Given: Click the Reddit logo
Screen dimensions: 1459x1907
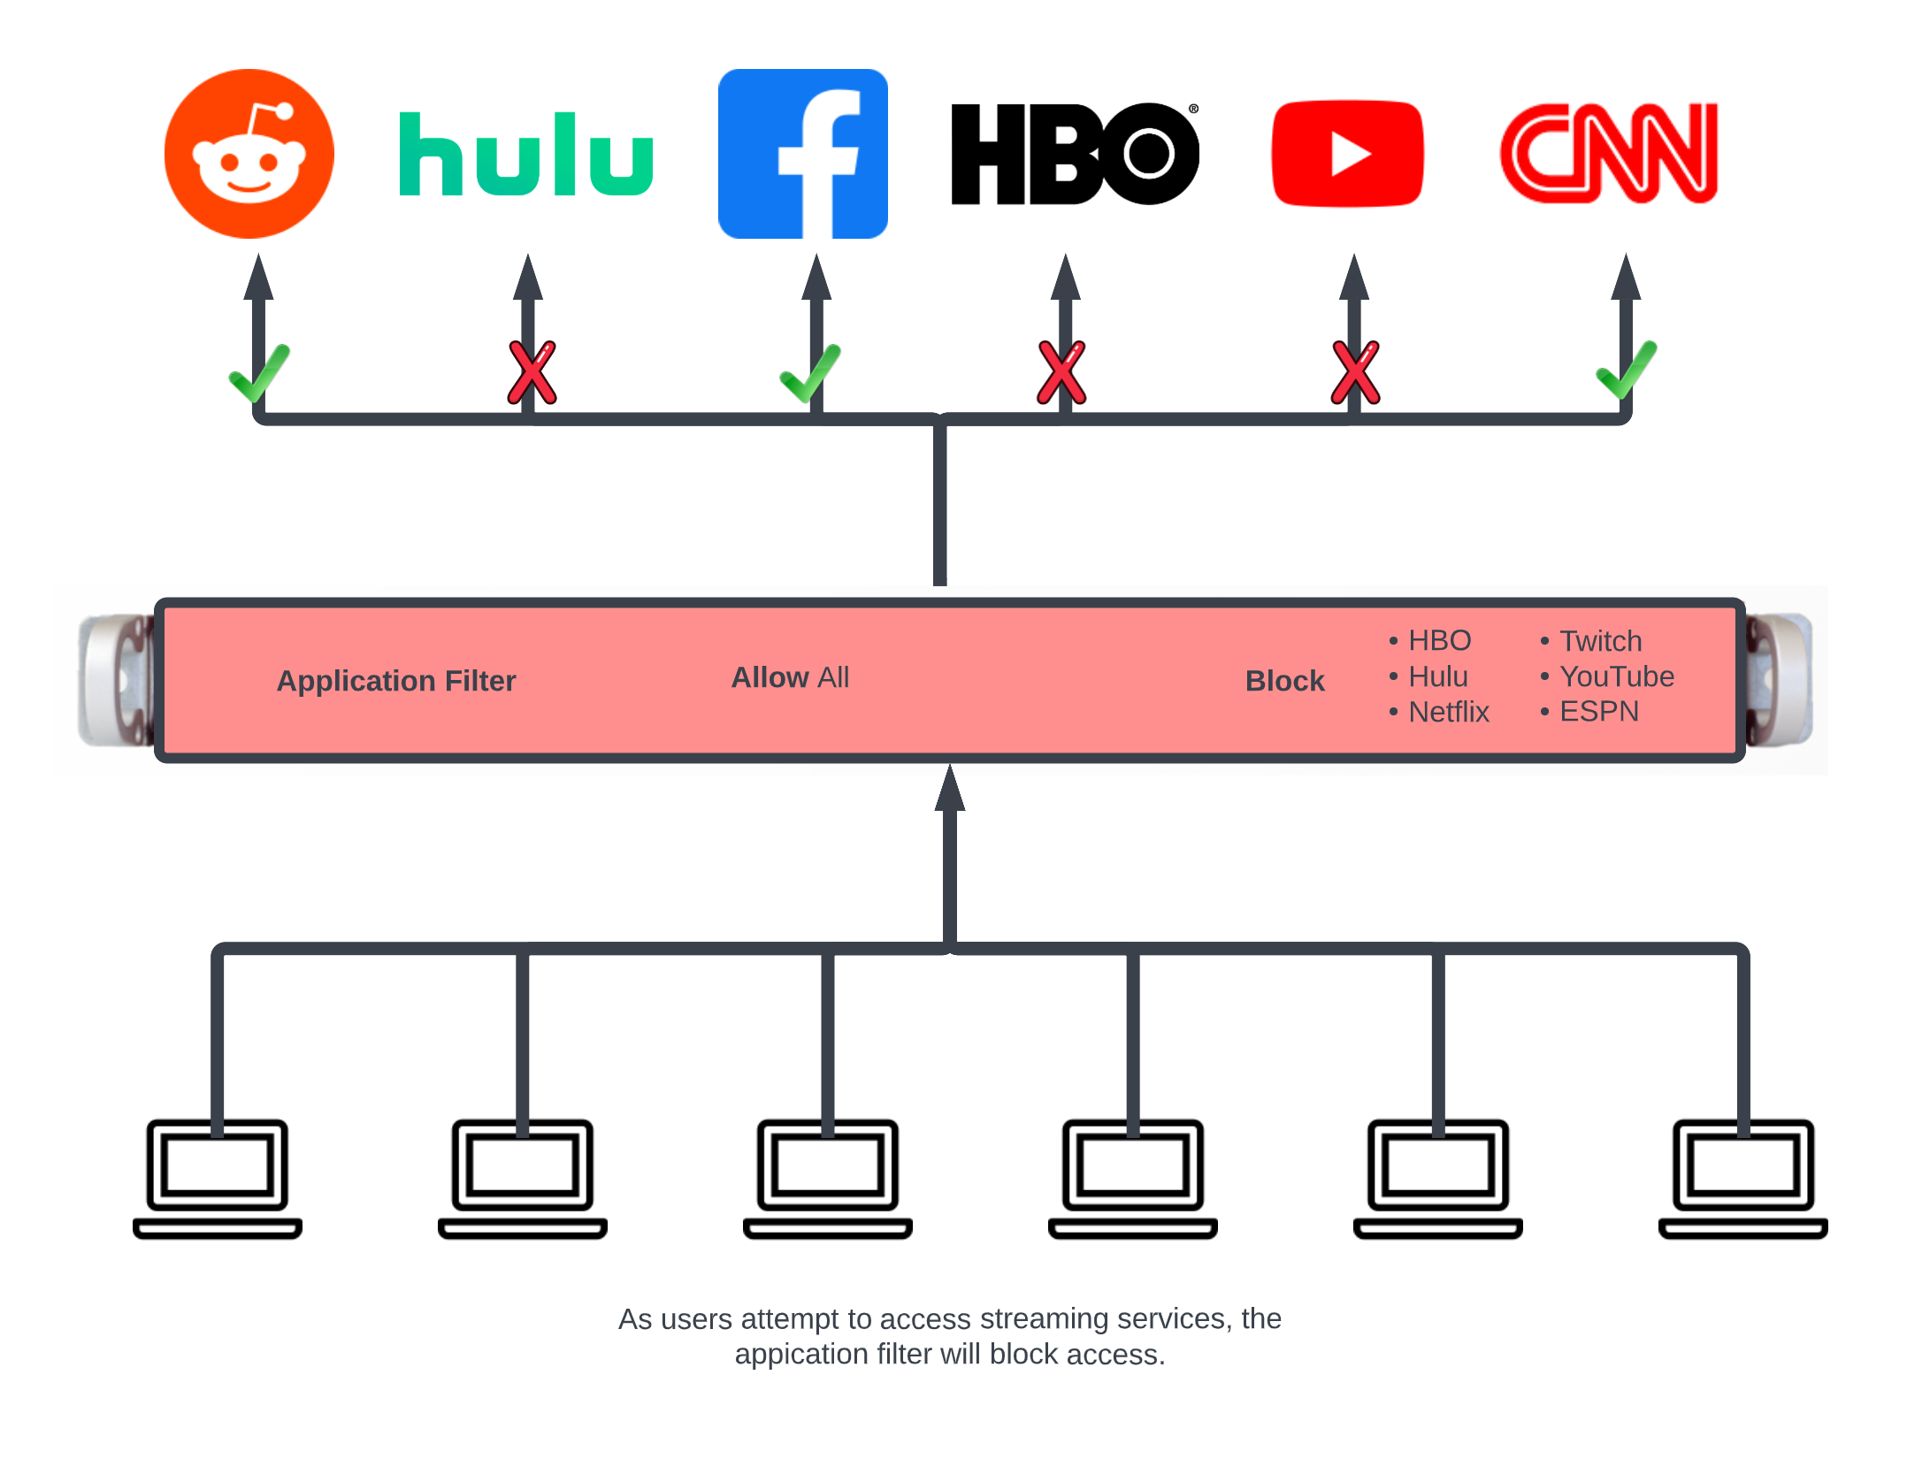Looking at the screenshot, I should (249, 154).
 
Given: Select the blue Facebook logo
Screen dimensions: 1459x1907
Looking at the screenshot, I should (802, 154).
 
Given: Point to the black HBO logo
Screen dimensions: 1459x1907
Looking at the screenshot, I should (1074, 154).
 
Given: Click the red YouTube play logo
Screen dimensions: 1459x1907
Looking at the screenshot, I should (1347, 154).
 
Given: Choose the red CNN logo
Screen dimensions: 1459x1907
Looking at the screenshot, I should (1609, 154).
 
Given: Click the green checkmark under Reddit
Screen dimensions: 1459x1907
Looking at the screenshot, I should (258, 373).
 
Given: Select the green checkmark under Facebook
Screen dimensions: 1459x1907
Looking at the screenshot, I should (809, 373).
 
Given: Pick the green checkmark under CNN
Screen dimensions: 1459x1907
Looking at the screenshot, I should (1626, 371).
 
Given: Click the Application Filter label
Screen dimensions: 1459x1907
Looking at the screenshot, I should (395, 681).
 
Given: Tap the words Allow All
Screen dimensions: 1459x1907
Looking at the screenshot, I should (790, 677).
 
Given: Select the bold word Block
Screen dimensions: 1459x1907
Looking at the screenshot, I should (1284, 681).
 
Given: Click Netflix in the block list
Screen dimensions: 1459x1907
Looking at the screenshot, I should (1448, 712).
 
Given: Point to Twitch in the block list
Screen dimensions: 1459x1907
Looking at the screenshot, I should (1599, 641).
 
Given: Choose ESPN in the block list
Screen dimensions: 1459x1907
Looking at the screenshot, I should (1598, 712).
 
